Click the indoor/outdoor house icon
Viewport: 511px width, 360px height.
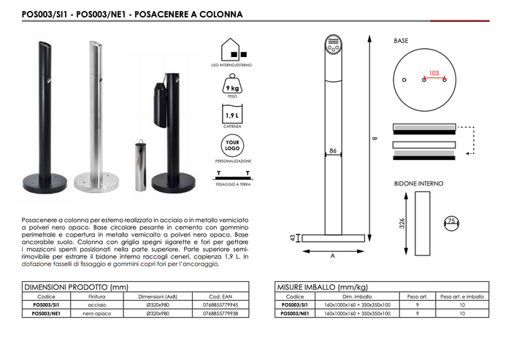[x=234, y=50]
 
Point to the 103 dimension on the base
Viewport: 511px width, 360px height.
[x=434, y=73]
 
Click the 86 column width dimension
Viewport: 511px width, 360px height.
[x=332, y=150]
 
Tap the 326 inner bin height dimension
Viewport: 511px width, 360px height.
[x=401, y=223]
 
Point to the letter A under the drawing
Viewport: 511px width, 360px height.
[x=332, y=256]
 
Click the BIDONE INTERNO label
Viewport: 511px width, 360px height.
[x=418, y=183]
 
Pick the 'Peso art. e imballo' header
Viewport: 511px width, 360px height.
[x=461, y=297]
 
